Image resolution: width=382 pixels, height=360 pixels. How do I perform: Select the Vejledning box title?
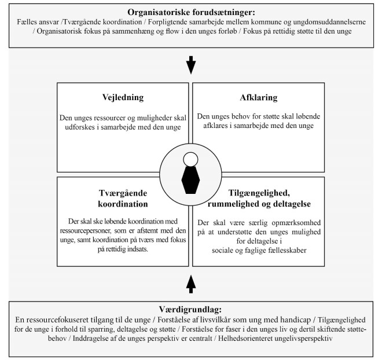click(123, 98)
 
